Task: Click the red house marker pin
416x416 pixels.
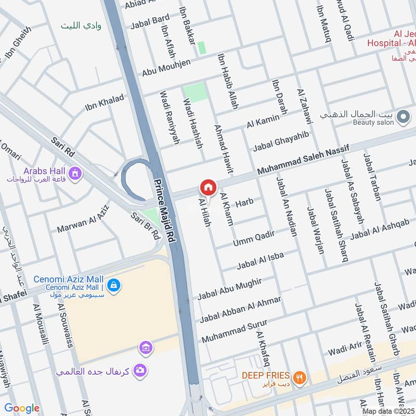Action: (207, 187)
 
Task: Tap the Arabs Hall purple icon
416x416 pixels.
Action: (75, 173)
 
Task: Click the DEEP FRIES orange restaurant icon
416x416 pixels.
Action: (298, 378)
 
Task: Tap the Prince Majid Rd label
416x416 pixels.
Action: (164, 211)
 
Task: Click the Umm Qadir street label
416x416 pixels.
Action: (254, 237)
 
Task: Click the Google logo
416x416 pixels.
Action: (22, 408)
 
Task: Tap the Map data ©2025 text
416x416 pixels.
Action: (387, 411)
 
